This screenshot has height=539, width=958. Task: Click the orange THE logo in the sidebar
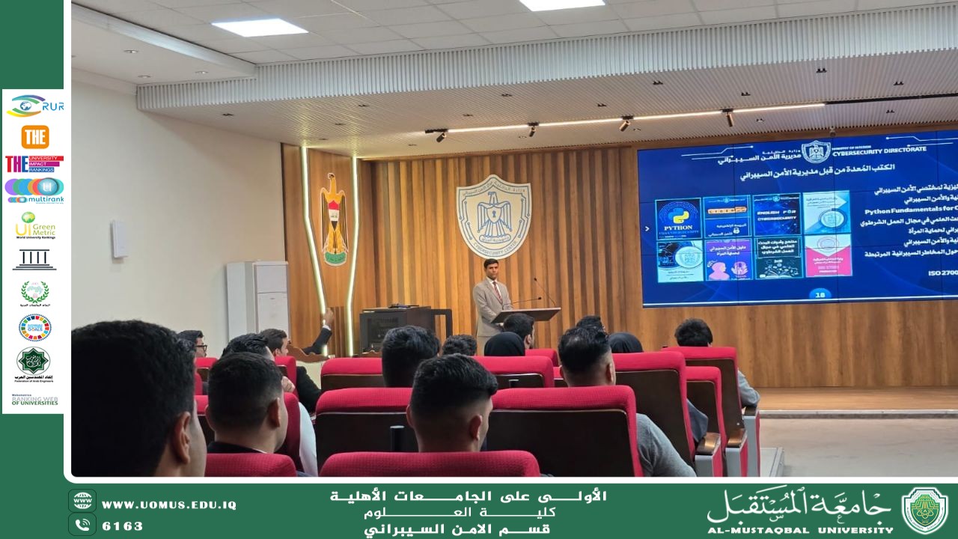point(34,137)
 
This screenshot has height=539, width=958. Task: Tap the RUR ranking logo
point(34,106)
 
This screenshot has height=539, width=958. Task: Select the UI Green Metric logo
point(34,225)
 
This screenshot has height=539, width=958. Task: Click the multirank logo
point(34,190)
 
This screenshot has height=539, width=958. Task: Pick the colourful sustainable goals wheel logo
point(34,327)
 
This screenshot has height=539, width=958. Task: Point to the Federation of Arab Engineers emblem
point(34,362)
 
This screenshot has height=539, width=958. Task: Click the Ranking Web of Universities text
point(34,401)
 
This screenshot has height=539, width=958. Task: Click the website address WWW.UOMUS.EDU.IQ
point(168,505)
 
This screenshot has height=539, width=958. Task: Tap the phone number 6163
point(122,526)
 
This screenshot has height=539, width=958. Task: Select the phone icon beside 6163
point(82,525)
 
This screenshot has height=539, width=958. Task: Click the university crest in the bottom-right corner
point(924,510)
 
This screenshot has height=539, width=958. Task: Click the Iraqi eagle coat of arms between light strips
point(334,219)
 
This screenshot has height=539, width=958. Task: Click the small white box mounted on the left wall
point(119,240)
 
